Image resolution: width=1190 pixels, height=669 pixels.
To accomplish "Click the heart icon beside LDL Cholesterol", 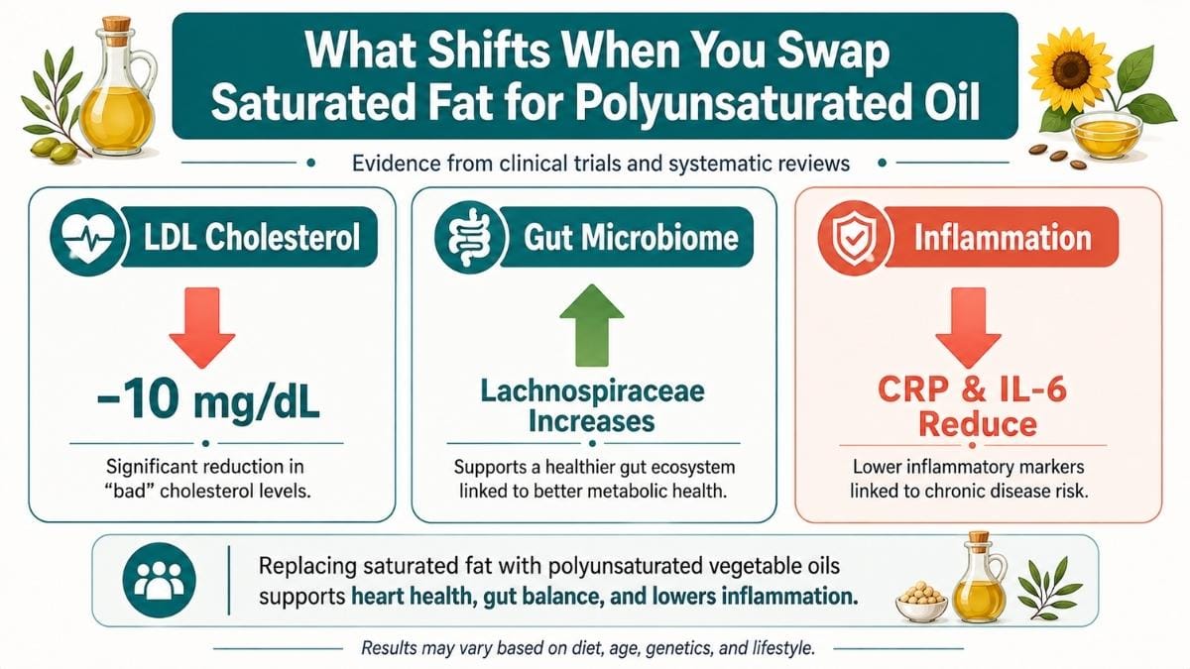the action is point(88,237).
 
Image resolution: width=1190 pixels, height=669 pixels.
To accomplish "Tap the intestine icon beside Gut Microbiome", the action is point(470,237).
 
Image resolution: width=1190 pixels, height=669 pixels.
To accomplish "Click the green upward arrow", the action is point(592,325).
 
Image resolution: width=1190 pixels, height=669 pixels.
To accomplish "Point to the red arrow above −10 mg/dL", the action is point(202,328).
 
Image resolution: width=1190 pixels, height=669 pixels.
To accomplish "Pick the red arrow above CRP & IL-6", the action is point(968,328).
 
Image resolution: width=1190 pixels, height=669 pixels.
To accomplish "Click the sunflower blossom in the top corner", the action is point(1070,69).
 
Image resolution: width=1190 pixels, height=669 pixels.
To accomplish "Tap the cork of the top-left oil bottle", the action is point(116,24).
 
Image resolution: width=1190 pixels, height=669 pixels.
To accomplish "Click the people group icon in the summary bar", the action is point(159,580).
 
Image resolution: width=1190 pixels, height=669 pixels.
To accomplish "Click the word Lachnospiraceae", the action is point(592,391).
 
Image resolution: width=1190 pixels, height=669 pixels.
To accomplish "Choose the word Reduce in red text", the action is point(978,424).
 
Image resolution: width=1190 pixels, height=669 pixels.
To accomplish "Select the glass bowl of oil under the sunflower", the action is point(1105,136).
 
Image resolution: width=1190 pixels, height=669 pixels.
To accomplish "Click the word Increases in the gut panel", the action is point(592,422).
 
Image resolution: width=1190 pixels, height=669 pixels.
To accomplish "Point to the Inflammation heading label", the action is point(1002,237).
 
